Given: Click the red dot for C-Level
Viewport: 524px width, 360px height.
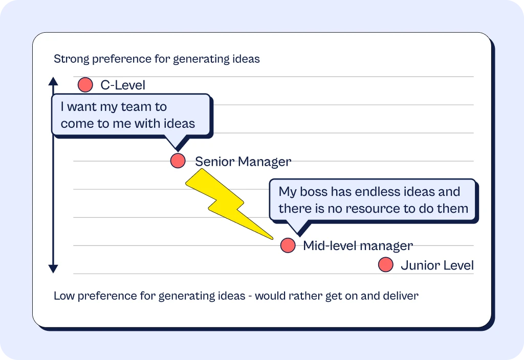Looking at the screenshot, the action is click(85, 85).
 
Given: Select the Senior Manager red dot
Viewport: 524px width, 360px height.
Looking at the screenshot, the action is click(178, 161).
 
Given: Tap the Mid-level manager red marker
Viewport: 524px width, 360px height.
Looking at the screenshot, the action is click(288, 245).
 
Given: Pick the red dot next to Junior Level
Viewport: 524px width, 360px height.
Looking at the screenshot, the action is click(386, 265).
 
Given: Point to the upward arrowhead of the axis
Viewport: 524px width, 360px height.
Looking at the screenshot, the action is click(53, 81).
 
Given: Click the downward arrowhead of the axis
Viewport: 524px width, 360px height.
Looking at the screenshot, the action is click(53, 269).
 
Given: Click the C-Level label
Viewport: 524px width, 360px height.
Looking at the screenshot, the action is click(123, 85).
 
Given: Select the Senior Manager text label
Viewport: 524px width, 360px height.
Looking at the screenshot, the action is click(243, 162).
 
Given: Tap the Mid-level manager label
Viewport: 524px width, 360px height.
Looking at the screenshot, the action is click(358, 246).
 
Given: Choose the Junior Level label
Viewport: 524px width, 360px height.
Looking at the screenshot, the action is click(437, 265).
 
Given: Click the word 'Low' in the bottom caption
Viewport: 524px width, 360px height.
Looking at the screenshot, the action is click(64, 296).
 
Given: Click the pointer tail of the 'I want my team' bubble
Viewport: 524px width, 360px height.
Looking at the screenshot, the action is click(176, 143).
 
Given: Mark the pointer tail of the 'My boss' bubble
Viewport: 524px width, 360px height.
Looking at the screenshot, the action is click(298, 228).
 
